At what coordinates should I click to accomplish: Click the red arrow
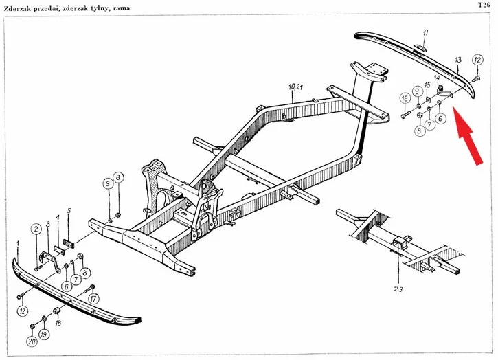click(x=468, y=136)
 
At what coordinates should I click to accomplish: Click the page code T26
click(x=484, y=5)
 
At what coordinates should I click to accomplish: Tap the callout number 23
click(x=398, y=289)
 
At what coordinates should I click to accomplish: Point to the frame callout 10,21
click(x=295, y=87)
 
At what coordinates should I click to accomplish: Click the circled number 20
click(x=32, y=341)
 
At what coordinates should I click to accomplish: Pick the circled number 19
click(x=44, y=334)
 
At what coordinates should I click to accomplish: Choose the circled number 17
click(x=93, y=299)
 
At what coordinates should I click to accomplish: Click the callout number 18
click(x=58, y=324)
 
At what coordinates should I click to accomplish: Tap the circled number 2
click(x=36, y=229)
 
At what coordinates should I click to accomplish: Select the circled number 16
click(x=405, y=98)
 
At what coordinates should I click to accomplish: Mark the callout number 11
click(x=426, y=33)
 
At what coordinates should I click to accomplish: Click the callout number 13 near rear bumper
click(x=458, y=59)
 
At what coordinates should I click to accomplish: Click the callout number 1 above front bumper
click(x=17, y=244)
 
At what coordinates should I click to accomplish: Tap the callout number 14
click(x=437, y=78)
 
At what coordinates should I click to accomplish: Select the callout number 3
click(x=48, y=225)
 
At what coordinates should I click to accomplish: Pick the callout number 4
click(x=58, y=217)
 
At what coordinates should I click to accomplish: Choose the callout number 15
click(x=427, y=85)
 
